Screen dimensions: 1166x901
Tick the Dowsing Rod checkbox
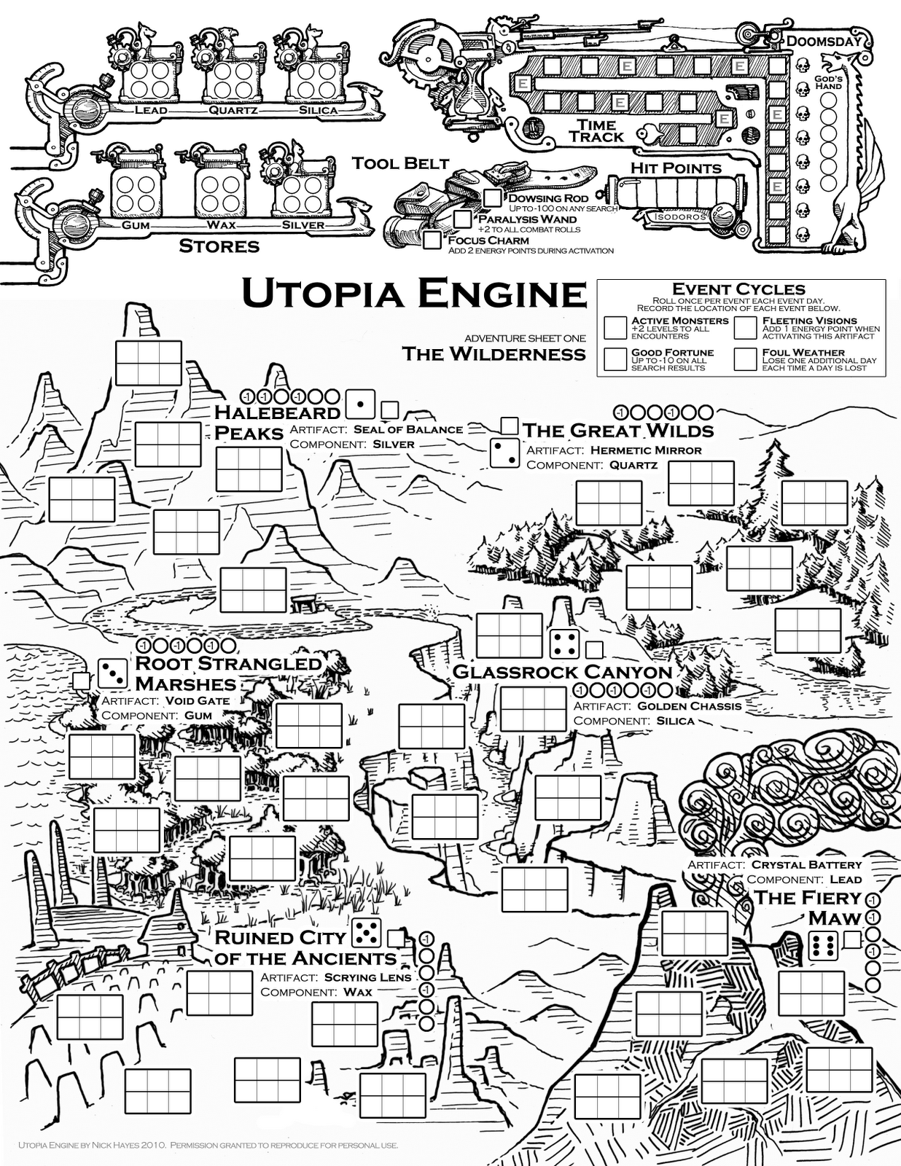pyautogui.click(x=494, y=197)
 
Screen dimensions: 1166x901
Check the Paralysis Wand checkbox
pyautogui.click(x=462, y=218)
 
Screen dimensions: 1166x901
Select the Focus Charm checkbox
pyautogui.click(x=432, y=239)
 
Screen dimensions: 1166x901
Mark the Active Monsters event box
pyautogui.click(x=615, y=327)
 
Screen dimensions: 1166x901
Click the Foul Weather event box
pyautogui.click(x=746, y=359)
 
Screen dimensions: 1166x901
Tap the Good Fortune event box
pyautogui.click(x=615, y=359)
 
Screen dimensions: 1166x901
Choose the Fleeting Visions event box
pyautogui.click(x=746, y=327)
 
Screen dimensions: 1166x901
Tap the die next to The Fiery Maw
pyautogui.click(x=824, y=946)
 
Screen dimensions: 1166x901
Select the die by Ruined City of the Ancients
pyautogui.click(x=366, y=932)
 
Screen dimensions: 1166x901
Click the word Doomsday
pyautogui.click(x=824, y=41)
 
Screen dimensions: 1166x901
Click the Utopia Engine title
pyautogui.click(x=413, y=294)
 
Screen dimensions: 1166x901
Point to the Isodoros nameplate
pyautogui.click(x=679, y=216)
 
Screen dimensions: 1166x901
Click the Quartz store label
pyautogui.click(x=233, y=111)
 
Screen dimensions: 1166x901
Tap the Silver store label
pyautogui.click(x=303, y=225)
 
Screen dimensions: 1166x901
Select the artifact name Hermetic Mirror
pyautogui.click(x=645, y=450)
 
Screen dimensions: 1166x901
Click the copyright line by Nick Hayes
pyautogui.click(x=208, y=1145)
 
